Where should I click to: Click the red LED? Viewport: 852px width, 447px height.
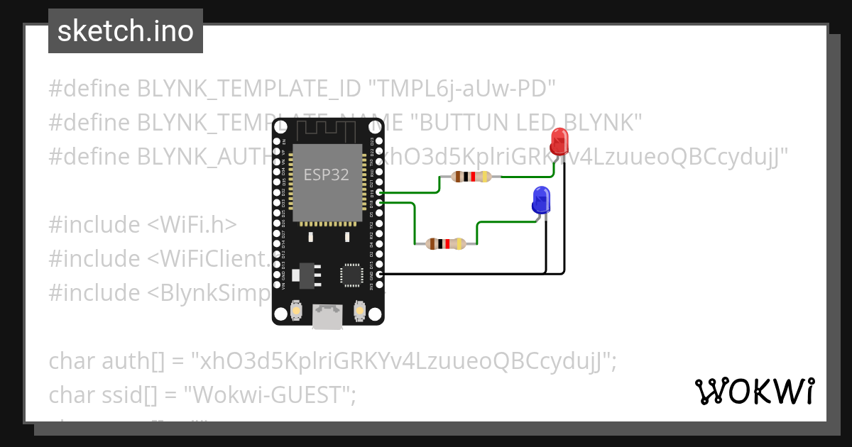(x=559, y=140)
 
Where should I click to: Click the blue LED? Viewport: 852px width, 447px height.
(x=541, y=200)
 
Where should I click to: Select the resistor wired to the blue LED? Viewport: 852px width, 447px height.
(x=446, y=244)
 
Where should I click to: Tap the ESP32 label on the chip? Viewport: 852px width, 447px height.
(x=326, y=175)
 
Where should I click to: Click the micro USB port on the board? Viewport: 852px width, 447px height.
(x=327, y=316)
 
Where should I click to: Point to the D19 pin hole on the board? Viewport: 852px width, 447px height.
(x=380, y=193)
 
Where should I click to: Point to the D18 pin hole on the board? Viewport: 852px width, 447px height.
(x=380, y=203)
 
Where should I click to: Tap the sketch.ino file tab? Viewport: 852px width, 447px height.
(x=126, y=31)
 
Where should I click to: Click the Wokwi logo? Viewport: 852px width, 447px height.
(x=754, y=391)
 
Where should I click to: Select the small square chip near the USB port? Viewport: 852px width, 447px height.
(x=351, y=275)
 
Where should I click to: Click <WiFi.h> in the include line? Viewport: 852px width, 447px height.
(x=192, y=225)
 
